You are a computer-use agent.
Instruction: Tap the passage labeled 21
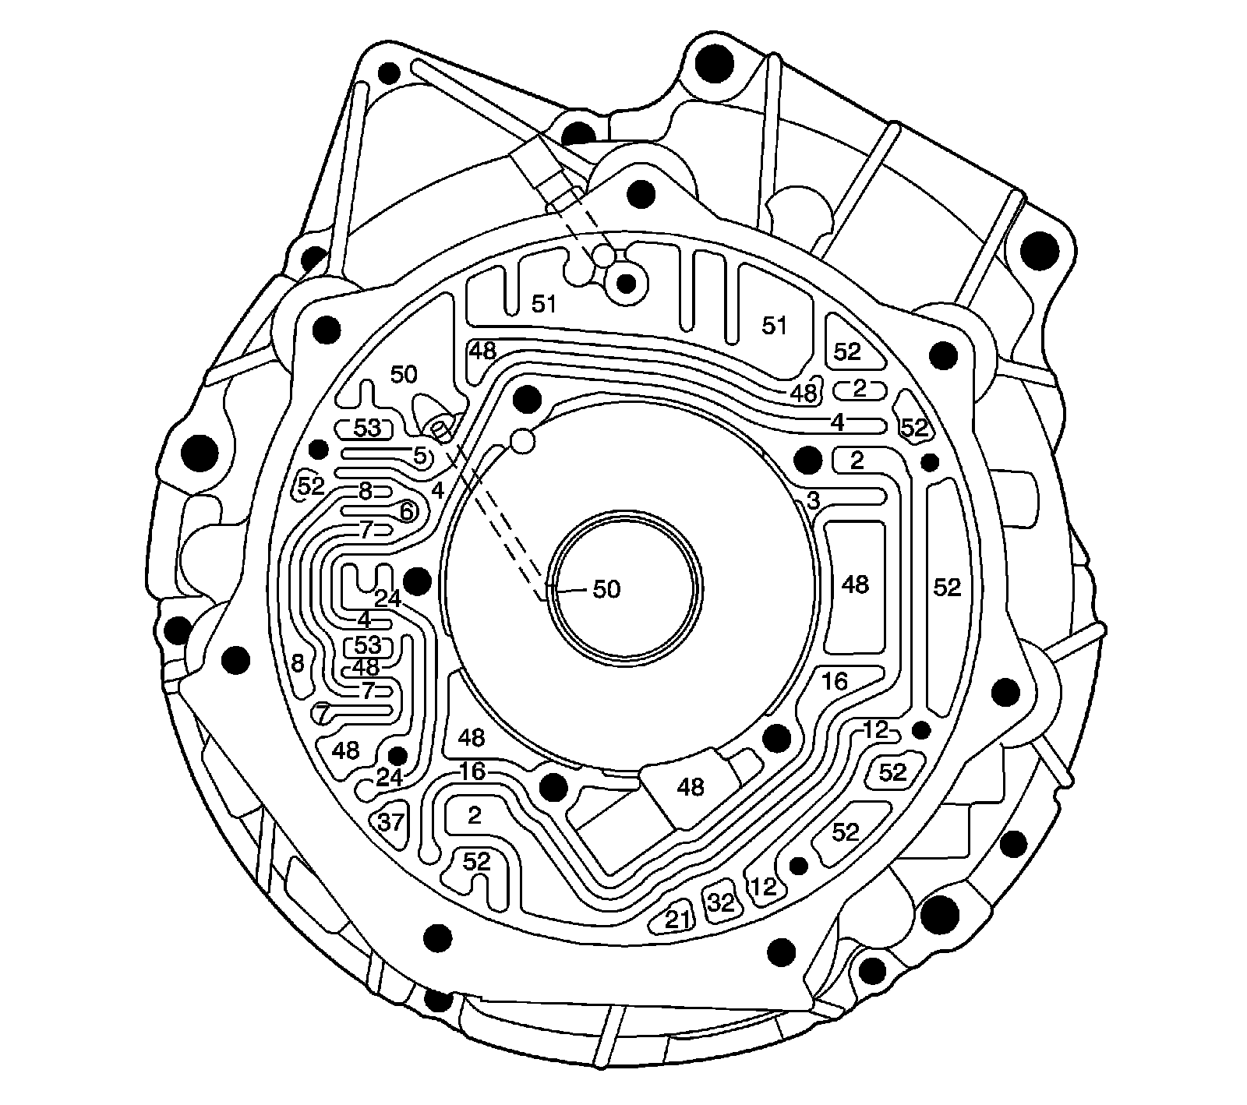(x=677, y=920)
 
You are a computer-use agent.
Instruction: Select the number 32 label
(x=721, y=902)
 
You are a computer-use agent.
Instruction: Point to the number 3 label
(x=813, y=502)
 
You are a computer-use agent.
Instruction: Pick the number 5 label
(x=420, y=457)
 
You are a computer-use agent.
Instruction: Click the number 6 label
(x=405, y=511)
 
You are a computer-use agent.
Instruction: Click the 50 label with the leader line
(x=606, y=589)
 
